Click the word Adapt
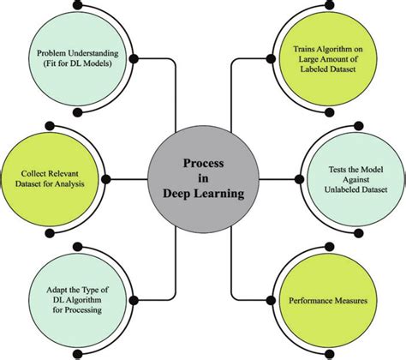tap(48, 286)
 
